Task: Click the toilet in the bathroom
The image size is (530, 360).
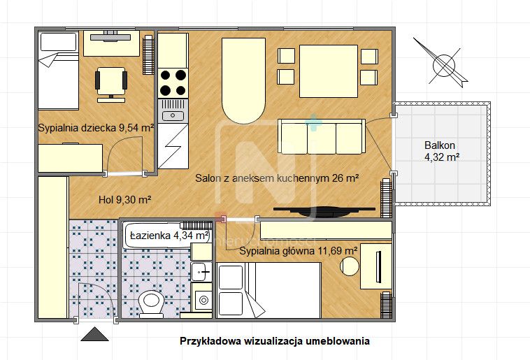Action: coord(150,303)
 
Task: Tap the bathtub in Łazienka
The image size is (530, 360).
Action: coord(166,236)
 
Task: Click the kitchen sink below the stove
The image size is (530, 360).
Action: coord(172,115)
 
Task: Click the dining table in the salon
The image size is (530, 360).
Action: coord(328,71)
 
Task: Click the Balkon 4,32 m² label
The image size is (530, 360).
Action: coord(441,152)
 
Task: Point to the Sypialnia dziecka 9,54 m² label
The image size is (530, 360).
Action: coord(95,128)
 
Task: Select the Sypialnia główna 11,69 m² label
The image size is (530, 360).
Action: coord(299,250)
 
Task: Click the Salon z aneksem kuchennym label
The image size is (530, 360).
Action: coord(277,179)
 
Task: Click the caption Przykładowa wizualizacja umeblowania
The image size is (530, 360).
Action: coord(275,342)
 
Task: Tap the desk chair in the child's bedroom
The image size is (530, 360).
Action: coord(110,80)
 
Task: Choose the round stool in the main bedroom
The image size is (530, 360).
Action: coord(349,266)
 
